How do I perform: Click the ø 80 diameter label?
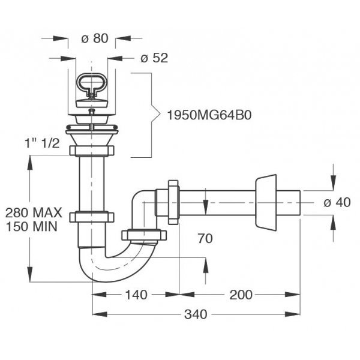[95, 38]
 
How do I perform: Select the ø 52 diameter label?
[154, 58]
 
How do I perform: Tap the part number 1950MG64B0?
[209, 115]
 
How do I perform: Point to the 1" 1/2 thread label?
[42, 143]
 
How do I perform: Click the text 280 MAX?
[34, 212]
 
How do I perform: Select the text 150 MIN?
[31, 227]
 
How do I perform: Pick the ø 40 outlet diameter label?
[337, 203]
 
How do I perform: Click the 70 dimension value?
[205, 238]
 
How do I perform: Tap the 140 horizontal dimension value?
[136, 295]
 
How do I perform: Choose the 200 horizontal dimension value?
[241, 295]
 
